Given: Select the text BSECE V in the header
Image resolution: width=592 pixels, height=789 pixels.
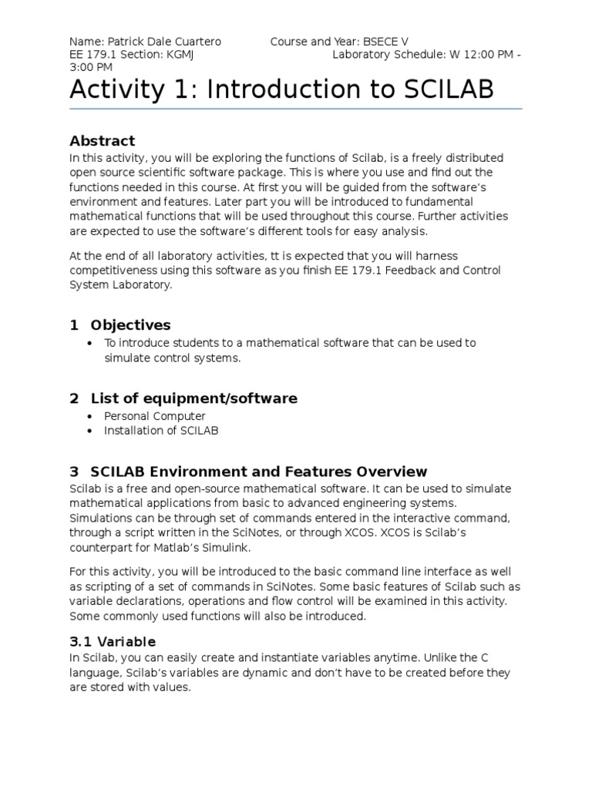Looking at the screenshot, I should pyautogui.click(x=382, y=41).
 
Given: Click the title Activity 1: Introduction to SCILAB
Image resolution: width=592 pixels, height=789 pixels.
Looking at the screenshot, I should pyautogui.click(x=281, y=90).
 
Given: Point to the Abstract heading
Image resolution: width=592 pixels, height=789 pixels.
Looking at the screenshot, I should pyautogui.click(x=102, y=141).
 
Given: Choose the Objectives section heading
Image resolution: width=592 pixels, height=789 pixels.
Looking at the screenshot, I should pyautogui.click(x=130, y=325).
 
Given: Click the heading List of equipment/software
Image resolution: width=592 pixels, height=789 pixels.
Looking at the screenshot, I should pyautogui.click(x=193, y=398).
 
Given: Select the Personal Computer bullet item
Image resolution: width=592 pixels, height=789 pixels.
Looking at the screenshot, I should pyautogui.click(x=155, y=417).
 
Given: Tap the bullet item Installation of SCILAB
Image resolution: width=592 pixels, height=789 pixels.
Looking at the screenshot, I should pyautogui.click(x=161, y=431).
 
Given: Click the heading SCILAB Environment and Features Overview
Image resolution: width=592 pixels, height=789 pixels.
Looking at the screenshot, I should pyautogui.click(x=258, y=472).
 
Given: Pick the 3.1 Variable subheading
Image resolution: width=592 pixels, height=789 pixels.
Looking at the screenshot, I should pyautogui.click(x=113, y=642).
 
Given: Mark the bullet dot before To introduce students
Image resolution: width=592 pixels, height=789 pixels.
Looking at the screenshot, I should pyautogui.click(x=91, y=344).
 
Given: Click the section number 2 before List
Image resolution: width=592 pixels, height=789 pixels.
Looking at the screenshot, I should pyautogui.click(x=74, y=398).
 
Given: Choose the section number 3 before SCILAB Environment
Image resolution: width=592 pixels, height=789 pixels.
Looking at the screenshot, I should pyautogui.click(x=74, y=472).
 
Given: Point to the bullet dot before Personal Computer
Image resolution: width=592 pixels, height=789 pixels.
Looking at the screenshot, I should pyautogui.click(x=91, y=417).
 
